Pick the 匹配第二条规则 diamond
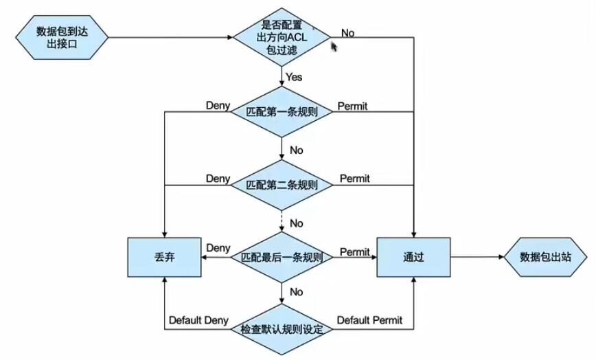(x=282, y=185)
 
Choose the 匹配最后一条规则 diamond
(x=282, y=258)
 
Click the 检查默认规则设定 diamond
(x=282, y=328)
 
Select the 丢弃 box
(x=163, y=258)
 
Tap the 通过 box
(x=413, y=258)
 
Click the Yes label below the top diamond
(x=294, y=77)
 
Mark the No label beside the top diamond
(x=347, y=32)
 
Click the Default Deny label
(x=198, y=320)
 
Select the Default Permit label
(x=369, y=320)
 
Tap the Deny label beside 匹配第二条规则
(x=218, y=179)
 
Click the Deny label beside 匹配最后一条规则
(x=218, y=247)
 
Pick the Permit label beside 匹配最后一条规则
(x=355, y=252)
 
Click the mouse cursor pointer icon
(x=334, y=46)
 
